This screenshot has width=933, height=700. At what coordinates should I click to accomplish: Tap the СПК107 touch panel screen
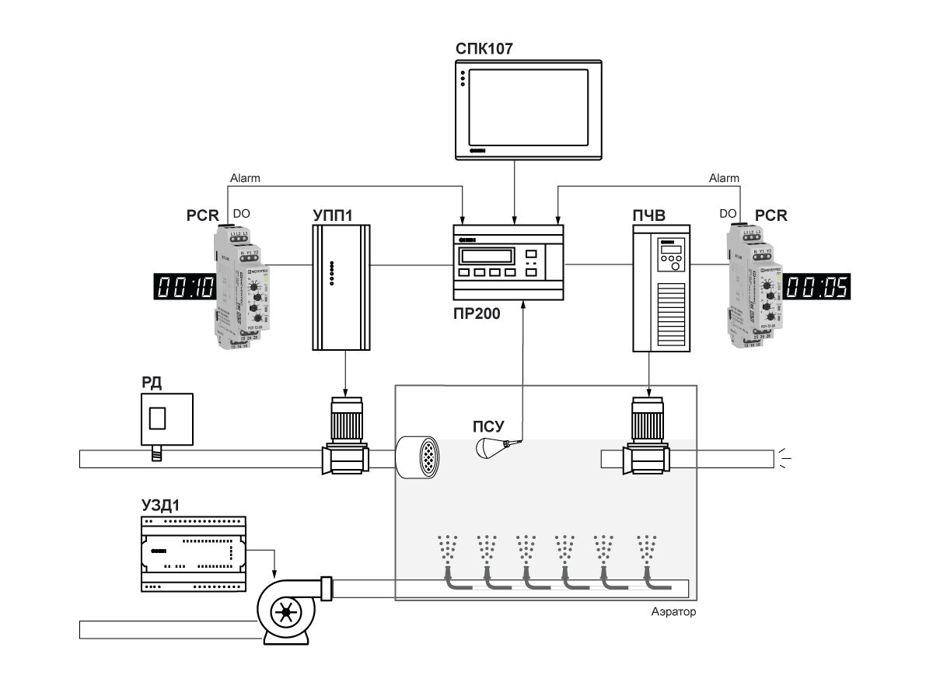click(529, 107)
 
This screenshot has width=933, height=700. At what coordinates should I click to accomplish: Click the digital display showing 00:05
click(816, 287)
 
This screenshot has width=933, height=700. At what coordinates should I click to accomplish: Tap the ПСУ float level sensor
click(493, 447)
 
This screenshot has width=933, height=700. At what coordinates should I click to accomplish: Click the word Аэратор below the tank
click(673, 612)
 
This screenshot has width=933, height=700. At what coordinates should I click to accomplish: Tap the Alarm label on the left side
click(245, 178)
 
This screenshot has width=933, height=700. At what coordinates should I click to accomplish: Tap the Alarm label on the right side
click(724, 178)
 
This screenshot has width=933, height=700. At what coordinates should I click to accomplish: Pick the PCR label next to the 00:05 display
click(771, 216)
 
